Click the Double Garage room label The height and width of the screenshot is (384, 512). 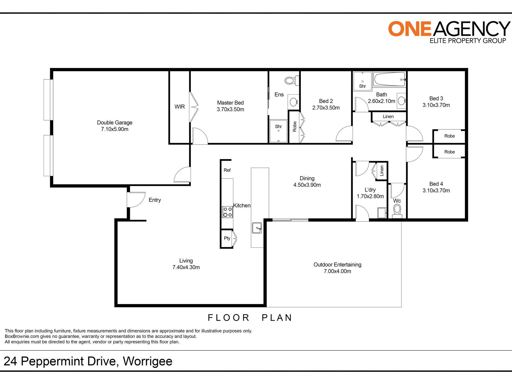(115, 123)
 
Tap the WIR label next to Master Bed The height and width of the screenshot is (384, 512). (179, 107)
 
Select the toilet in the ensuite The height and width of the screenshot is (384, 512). (291, 80)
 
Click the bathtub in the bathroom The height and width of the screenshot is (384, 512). (389, 79)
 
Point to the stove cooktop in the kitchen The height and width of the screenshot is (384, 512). (227, 212)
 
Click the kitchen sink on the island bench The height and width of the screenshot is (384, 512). (257, 228)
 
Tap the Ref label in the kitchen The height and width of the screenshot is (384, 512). (227, 170)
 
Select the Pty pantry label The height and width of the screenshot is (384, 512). (227, 238)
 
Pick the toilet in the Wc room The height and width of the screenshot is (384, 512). (397, 210)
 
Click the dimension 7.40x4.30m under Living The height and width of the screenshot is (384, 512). (186, 267)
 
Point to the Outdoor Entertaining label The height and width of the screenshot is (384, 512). (337, 265)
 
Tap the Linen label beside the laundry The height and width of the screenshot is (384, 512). (382, 171)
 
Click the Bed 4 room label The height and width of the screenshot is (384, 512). (436, 184)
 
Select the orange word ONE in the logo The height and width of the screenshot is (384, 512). (410, 29)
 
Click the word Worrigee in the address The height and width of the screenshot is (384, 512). (147, 361)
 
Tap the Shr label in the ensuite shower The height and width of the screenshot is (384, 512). (278, 126)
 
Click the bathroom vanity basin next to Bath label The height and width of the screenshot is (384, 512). (401, 101)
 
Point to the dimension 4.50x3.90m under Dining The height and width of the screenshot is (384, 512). (307, 185)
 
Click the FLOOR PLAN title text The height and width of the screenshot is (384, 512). (250, 318)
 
